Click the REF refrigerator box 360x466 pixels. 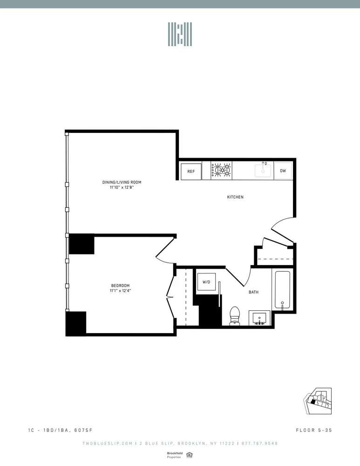coord(191,171)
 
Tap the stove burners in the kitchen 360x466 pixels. coord(222,171)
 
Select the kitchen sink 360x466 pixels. coord(264,171)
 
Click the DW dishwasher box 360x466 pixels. coord(283,171)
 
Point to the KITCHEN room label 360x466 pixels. coord(235,197)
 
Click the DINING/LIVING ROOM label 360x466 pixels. coord(122,182)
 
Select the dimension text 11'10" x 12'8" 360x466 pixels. coord(122,187)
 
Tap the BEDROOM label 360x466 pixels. coord(120,286)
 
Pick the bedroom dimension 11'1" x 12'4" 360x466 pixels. coord(120,291)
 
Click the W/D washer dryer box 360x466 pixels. coord(205,282)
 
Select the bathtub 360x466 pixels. coord(282,290)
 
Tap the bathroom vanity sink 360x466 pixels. coord(259,318)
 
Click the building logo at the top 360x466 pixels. coord(180,34)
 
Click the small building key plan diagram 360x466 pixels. coord(318,400)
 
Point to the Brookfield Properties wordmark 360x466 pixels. coord(175,455)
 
